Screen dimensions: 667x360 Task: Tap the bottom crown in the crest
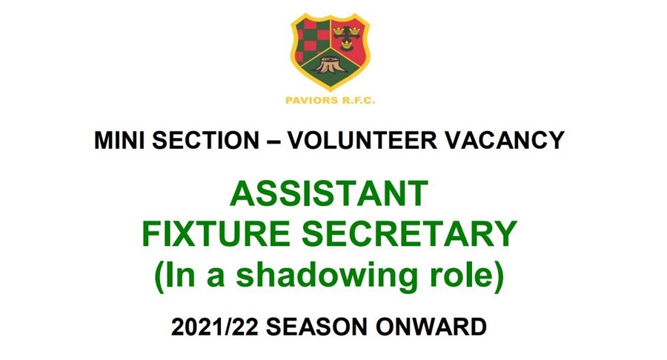coord(347,44)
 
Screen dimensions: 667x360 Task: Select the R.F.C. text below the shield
coord(355,101)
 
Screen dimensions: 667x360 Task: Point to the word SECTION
coord(206,140)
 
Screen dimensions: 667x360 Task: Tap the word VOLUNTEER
coord(362,140)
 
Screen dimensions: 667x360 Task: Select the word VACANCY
coord(505,140)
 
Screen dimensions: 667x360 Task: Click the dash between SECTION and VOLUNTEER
coord(273,141)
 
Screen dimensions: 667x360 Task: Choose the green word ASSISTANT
coord(329,193)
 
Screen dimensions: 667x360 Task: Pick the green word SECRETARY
coord(409,234)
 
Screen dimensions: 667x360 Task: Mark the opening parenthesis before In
coord(159,277)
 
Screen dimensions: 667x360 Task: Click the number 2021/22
coord(215,327)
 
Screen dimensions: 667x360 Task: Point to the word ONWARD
coord(431,327)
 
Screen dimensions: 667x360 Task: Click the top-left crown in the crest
coord(338,30)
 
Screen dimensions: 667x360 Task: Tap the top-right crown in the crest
coord(355,30)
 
